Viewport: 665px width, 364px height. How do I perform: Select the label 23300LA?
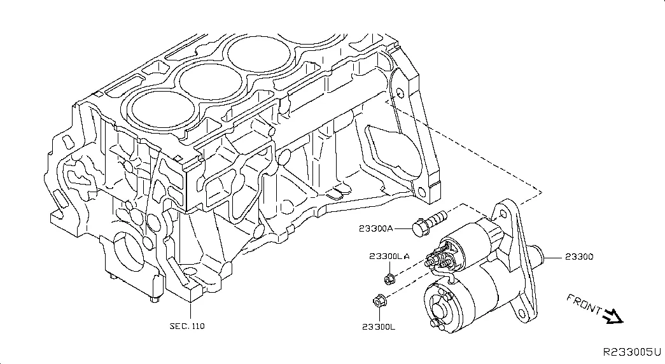click(x=389, y=256)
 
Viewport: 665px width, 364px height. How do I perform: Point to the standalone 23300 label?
click(x=578, y=257)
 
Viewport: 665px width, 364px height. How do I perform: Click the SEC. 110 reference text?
click(x=188, y=326)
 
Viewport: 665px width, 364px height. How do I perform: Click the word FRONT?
click(x=583, y=305)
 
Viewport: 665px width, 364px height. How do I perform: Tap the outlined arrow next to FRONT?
click(x=613, y=316)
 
